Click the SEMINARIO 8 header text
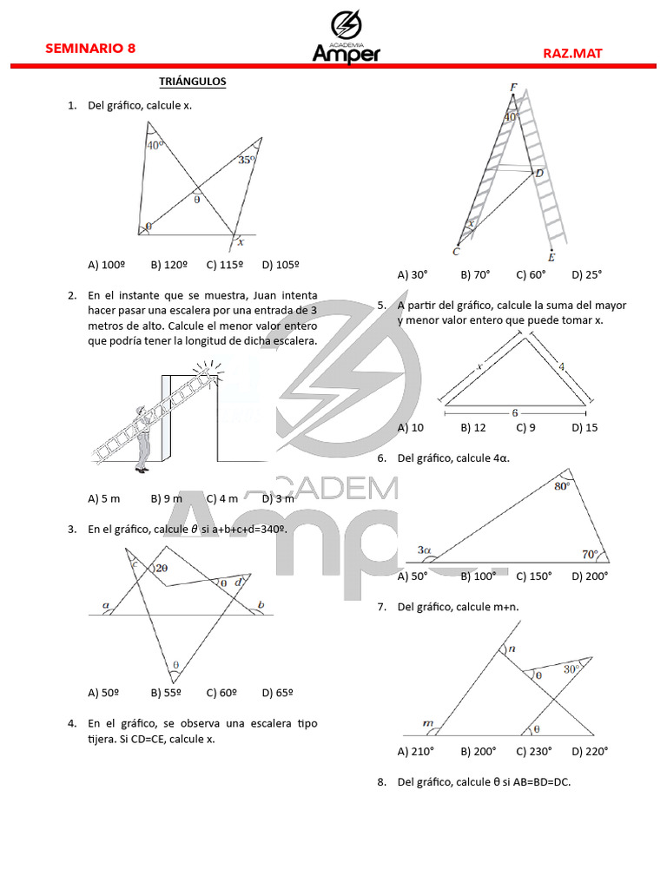tap(90, 49)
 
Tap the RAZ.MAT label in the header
tap(572, 53)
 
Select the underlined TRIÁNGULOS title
tap(192, 82)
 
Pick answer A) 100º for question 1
tap(108, 264)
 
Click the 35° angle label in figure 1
tap(247, 160)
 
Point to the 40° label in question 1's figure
tap(155, 146)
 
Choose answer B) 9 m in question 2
tap(166, 498)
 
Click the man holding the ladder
tap(142, 438)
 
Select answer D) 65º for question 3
tap(277, 693)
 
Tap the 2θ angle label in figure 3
tap(162, 568)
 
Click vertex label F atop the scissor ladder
tap(514, 86)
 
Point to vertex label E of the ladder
tap(551, 257)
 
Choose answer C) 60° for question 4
tap(531, 274)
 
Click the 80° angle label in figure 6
tap(562, 487)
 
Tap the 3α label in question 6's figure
tap(425, 550)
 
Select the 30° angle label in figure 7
tap(571, 669)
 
